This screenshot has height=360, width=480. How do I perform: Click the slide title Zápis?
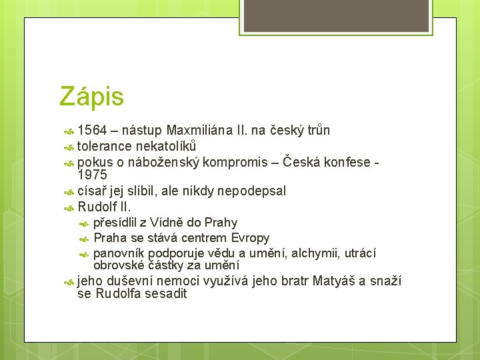coord(91,97)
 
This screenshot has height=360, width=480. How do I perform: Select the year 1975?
coord(93,175)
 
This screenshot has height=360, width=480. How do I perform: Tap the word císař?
coord(92,191)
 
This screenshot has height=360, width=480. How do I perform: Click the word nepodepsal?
coord(249,191)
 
